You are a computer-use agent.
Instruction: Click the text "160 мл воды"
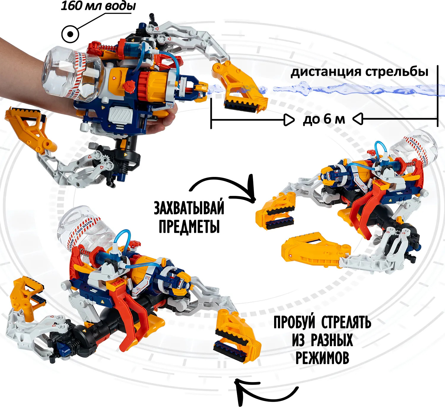[98, 6]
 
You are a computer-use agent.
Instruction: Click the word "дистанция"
[326, 72]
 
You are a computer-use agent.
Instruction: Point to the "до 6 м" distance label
[324, 119]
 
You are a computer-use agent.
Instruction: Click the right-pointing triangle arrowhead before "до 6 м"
[289, 120]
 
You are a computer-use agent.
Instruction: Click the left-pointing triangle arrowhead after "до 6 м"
[357, 119]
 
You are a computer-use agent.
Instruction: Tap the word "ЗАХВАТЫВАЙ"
[189, 208]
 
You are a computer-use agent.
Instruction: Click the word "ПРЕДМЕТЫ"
[189, 226]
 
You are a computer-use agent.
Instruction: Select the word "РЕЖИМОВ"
[322, 358]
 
